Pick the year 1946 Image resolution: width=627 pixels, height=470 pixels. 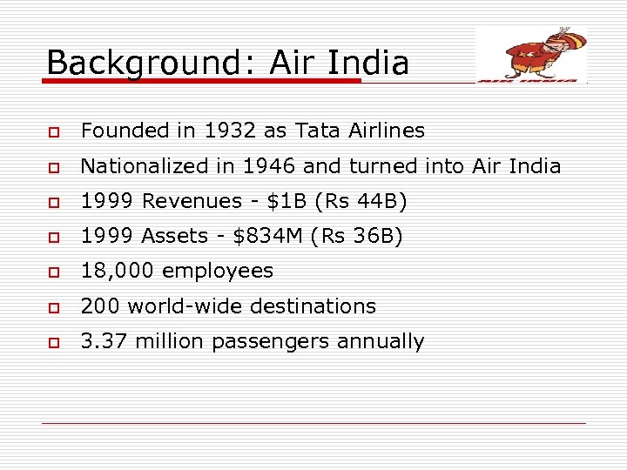(278, 166)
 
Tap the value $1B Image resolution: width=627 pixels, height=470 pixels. (278, 202)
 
